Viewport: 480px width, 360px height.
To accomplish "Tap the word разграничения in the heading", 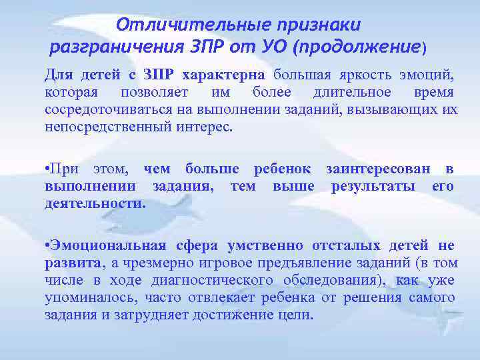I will click(x=116, y=47).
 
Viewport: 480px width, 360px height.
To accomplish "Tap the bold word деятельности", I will click(x=94, y=204).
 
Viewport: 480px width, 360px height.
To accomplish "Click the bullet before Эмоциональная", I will click(x=47, y=246).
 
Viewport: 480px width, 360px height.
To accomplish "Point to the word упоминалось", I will click(x=85, y=297).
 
